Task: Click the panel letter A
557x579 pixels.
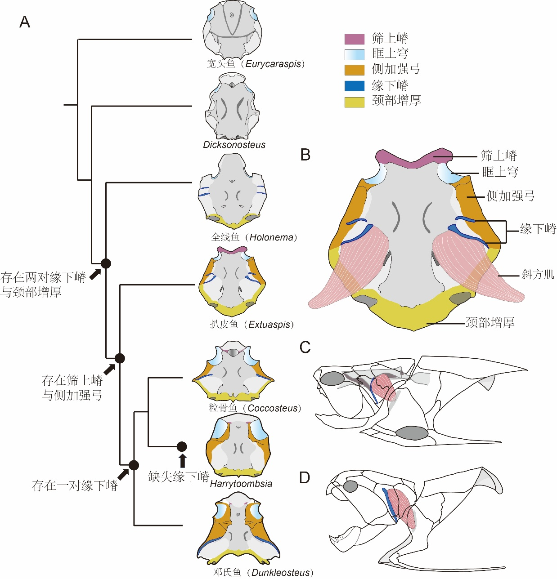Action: click(25, 22)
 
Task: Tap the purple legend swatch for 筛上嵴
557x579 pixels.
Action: click(354, 39)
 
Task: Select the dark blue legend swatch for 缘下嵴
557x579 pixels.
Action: click(354, 85)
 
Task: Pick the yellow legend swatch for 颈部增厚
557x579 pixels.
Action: click(354, 102)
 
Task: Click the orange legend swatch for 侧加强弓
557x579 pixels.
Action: click(354, 70)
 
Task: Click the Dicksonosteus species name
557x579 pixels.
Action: click(234, 145)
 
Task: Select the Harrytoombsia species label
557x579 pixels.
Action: click(241, 484)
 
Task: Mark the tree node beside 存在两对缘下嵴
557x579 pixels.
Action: click(106, 263)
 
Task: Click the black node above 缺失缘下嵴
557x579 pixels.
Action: click(182, 446)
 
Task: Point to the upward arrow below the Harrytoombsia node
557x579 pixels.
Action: click(182, 461)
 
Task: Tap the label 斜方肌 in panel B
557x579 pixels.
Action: click(538, 274)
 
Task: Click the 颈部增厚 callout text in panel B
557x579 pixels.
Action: click(490, 322)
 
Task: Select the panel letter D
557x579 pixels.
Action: click(305, 477)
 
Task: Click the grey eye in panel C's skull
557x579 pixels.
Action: click(332, 378)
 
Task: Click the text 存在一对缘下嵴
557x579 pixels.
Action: click(75, 485)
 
